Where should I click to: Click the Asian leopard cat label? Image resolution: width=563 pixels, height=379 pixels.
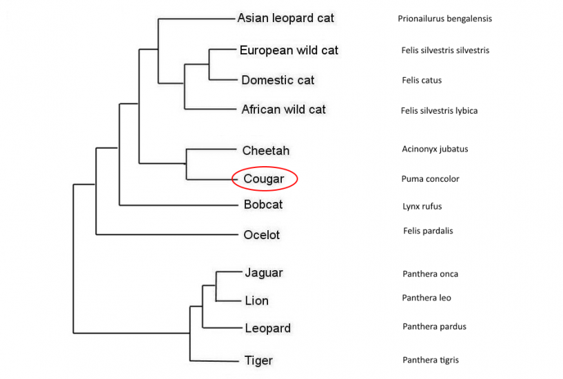click(285, 19)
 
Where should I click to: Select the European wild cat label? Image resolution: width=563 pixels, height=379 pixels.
click(289, 50)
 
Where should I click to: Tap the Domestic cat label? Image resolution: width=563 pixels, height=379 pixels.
click(278, 80)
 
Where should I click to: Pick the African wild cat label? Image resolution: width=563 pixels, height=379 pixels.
click(283, 110)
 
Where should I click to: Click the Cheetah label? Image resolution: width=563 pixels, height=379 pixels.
click(265, 150)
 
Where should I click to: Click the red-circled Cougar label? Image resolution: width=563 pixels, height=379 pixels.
click(264, 179)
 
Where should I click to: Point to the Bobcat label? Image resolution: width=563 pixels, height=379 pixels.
click(263, 205)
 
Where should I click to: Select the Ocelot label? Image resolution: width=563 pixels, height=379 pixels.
click(261, 235)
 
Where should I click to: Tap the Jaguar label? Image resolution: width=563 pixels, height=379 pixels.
click(263, 273)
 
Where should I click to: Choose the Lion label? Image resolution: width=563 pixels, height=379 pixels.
click(256, 300)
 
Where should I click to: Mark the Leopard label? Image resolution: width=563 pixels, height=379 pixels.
click(267, 328)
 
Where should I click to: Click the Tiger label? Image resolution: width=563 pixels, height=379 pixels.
click(258, 360)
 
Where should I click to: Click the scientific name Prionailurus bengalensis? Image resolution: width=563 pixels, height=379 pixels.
click(444, 19)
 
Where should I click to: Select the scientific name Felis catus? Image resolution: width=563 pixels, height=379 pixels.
click(422, 80)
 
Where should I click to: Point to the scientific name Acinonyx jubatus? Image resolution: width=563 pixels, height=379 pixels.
click(435, 149)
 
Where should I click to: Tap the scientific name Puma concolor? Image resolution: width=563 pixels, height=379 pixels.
click(430, 179)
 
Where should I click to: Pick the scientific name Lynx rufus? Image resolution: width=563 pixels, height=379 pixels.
click(422, 206)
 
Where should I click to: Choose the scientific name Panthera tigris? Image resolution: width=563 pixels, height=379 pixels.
click(430, 360)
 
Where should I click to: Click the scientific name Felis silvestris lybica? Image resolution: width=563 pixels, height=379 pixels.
click(439, 110)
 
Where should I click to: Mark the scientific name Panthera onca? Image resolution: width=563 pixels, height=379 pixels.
click(430, 274)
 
